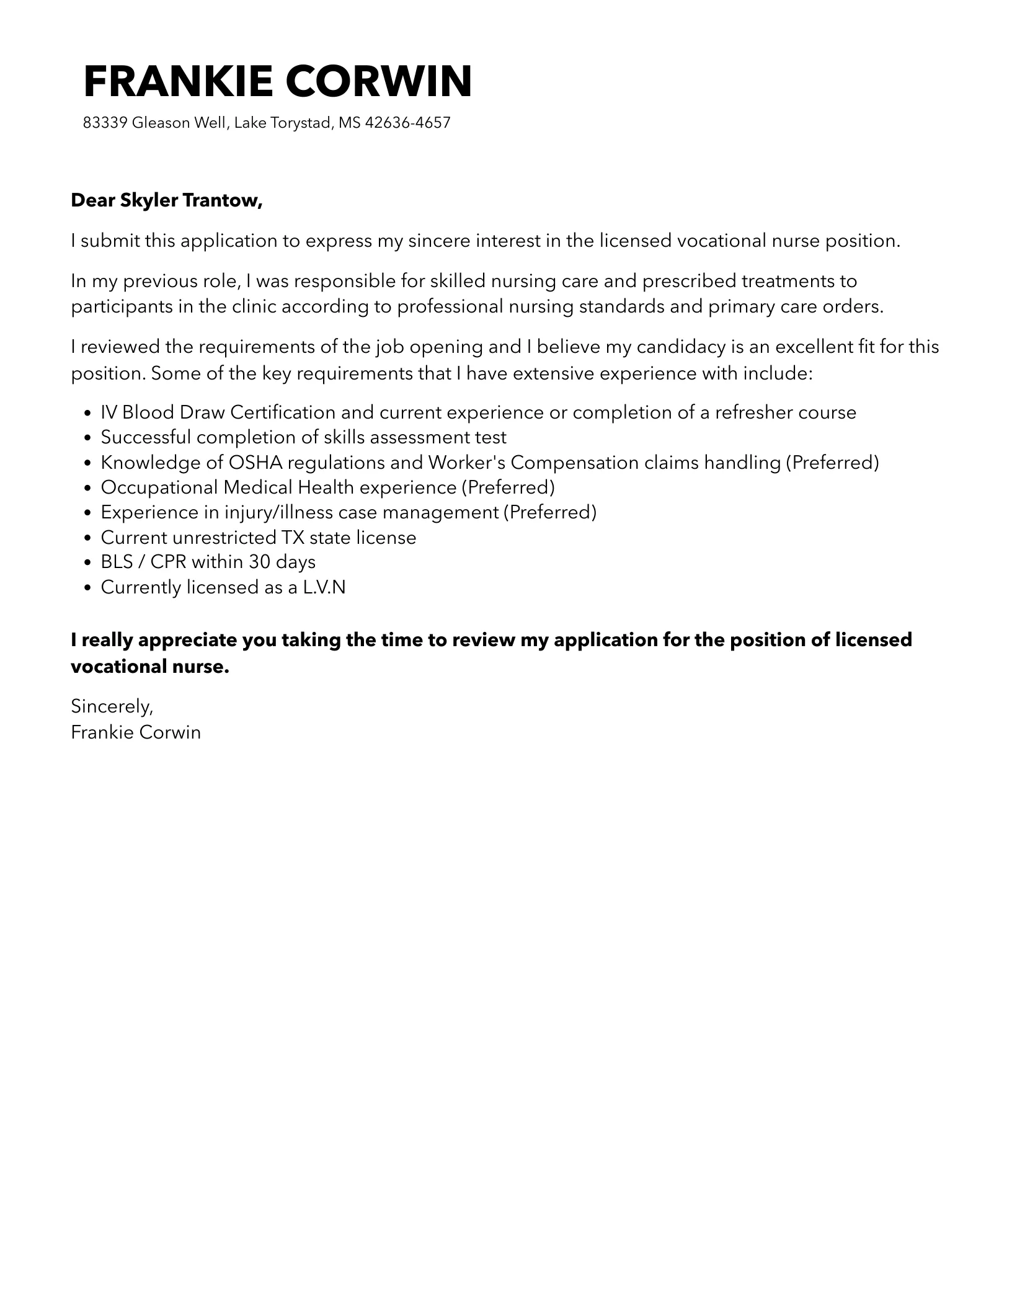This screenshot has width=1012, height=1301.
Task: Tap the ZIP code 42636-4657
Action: (x=407, y=123)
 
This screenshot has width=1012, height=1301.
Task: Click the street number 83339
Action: (x=105, y=123)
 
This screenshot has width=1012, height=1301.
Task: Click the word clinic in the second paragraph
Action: (x=248, y=307)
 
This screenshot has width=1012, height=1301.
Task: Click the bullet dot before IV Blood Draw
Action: (x=87, y=414)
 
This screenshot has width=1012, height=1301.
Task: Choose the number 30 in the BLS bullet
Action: (x=259, y=562)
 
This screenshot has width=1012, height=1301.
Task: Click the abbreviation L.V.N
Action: (x=324, y=587)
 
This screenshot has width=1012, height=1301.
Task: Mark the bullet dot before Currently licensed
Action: (x=87, y=588)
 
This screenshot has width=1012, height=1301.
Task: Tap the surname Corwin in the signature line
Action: (x=170, y=732)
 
